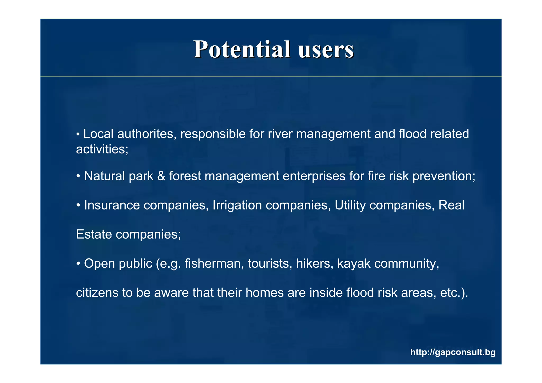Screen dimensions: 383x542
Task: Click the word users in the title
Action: pos(326,50)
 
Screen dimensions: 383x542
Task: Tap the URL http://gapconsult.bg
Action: pos(453,352)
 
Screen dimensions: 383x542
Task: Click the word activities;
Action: pos(102,149)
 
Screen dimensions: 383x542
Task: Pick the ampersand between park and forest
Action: pos(161,176)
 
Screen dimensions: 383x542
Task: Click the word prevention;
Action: pos(444,176)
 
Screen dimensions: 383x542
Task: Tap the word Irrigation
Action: pos(237,205)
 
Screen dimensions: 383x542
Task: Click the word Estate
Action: pos(94,234)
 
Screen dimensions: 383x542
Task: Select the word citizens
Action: pos(97,293)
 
